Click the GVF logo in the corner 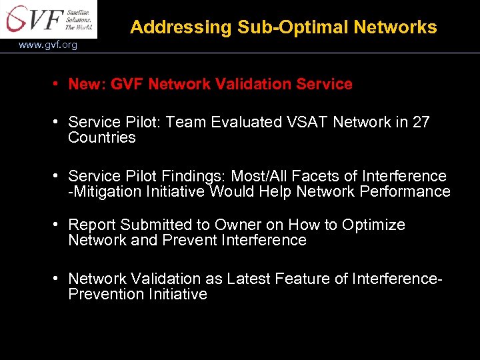click(x=48, y=19)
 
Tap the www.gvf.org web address click(x=47, y=45)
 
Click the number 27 click(x=421, y=123)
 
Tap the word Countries click(x=101, y=138)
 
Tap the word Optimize click(x=373, y=225)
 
